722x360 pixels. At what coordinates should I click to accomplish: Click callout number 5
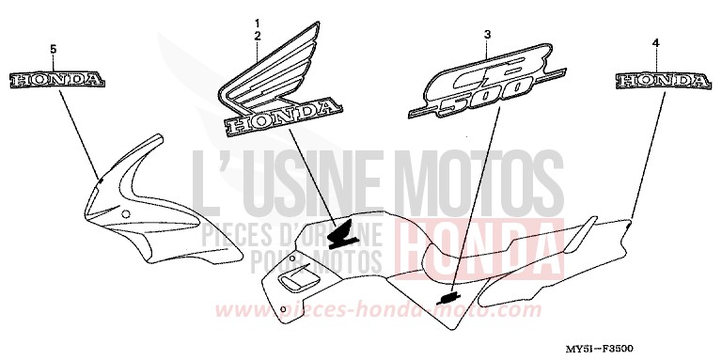(x=53, y=48)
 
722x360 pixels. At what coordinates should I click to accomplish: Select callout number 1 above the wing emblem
(x=256, y=21)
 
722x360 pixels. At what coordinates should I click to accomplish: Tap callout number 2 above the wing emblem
(x=256, y=35)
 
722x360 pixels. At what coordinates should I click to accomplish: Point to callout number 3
(x=487, y=35)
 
